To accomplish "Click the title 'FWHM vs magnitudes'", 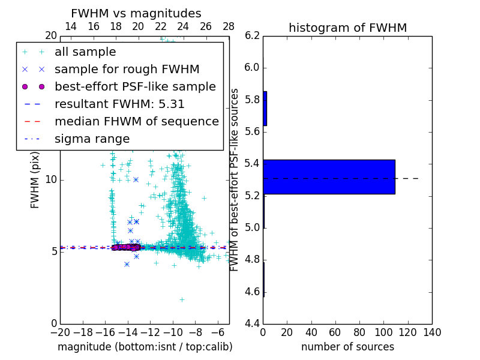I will (x=136, y=13).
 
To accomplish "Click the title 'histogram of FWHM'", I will (x=347, y=28).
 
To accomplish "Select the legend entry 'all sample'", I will (x=85, y=52).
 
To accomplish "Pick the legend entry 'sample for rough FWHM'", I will (x=127, y=69).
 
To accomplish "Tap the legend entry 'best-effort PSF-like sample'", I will (x=135, y=86).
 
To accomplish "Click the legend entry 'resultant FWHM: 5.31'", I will (x=119, y=104).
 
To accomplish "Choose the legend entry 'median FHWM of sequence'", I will (x=137, y=121).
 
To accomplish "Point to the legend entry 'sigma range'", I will (x=92, y=139).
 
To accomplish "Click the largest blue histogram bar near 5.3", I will (x=329, y=177).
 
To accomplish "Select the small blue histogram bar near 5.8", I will (x=265, y=109).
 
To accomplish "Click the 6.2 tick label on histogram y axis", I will (x=253, y=35).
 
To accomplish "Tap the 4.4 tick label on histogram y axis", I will (x=253, y=324).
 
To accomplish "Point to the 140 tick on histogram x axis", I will (x=431, y=332).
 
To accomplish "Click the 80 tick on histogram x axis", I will (x=359, y=332).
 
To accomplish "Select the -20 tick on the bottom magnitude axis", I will (x=60, y=332).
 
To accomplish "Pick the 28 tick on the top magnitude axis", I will (x=229, y=26).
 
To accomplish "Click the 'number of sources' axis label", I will (x=347, y=347).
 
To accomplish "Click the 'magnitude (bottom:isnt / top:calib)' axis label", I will (x=145, y=347).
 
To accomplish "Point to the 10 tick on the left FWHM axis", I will (x=50, y=180).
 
